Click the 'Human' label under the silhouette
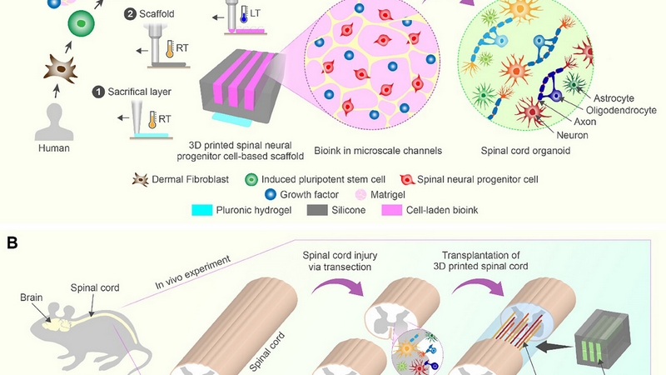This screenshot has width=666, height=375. pyautogui.click(x=53, y=147)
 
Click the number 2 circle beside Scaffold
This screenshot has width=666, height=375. pyautogui.click(x=130, y=14)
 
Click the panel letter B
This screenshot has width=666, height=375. pyautogui.click(x=12, y=242)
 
